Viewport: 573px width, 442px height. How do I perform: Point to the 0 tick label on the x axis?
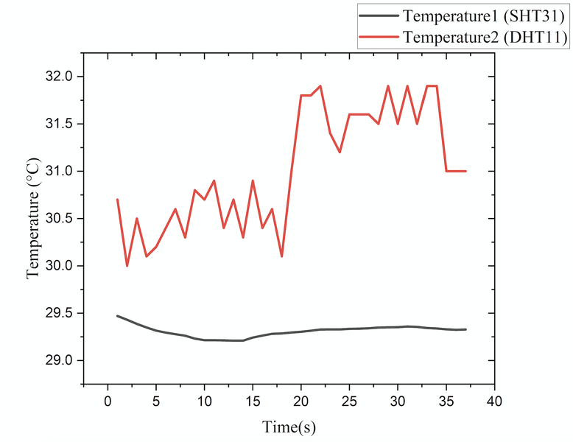(x=108, y=402)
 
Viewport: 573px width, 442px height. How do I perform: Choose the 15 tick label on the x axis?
(x=253, y=402)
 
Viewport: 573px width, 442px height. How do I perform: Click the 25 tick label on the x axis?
(x=349, y=402)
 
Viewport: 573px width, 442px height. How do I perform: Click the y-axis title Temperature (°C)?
(x=32, y=218)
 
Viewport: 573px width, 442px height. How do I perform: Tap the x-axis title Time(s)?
(x=290, y=427)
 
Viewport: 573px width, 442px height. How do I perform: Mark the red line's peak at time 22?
(x=320, y=85)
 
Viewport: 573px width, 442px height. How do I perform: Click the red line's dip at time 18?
(x=282, y=256)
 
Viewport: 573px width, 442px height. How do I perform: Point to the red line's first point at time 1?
(x=117, y=200)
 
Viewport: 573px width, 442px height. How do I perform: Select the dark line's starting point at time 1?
(x=117, y=315)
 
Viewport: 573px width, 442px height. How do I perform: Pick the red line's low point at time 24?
(x=340, y=152)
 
